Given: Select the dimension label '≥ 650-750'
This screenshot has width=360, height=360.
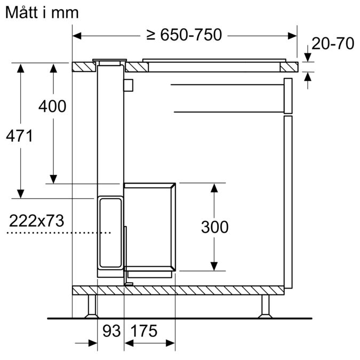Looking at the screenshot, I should [x=183, y=35].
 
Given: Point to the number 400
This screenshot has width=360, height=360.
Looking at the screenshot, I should [x=52, y=106].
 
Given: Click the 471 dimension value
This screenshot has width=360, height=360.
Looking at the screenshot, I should [x=19, y=136].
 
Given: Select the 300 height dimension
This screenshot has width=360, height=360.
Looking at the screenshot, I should [x=214, y=227].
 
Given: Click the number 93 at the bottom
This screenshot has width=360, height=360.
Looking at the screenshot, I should [x=111, y=331].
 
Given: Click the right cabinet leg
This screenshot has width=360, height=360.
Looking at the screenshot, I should [x=265, y=306].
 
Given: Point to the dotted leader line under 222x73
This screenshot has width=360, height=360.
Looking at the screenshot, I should [x=59, y=233].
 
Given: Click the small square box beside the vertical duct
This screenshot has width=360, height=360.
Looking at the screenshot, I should [x=128, y=84].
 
